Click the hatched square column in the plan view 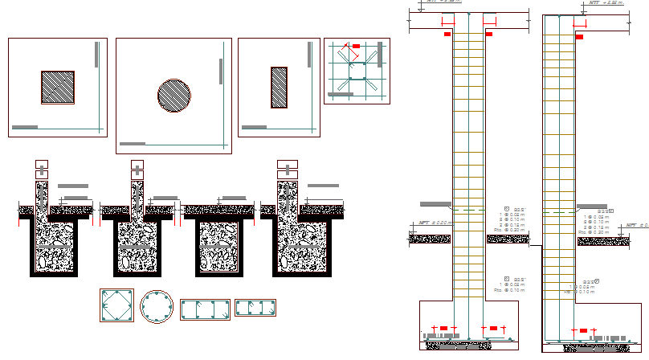[58, 88]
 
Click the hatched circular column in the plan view [174, 95]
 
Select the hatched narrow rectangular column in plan [279, 87]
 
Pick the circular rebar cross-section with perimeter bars [157, 306]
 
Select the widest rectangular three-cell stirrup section [205, 310]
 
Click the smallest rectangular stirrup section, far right [255, 309]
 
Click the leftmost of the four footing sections [55, 241]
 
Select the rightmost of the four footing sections [297, 241]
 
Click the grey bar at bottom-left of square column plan [25, 127]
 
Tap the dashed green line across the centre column [469, 211]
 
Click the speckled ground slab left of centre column [430, 238]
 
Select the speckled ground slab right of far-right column [602, 240]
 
